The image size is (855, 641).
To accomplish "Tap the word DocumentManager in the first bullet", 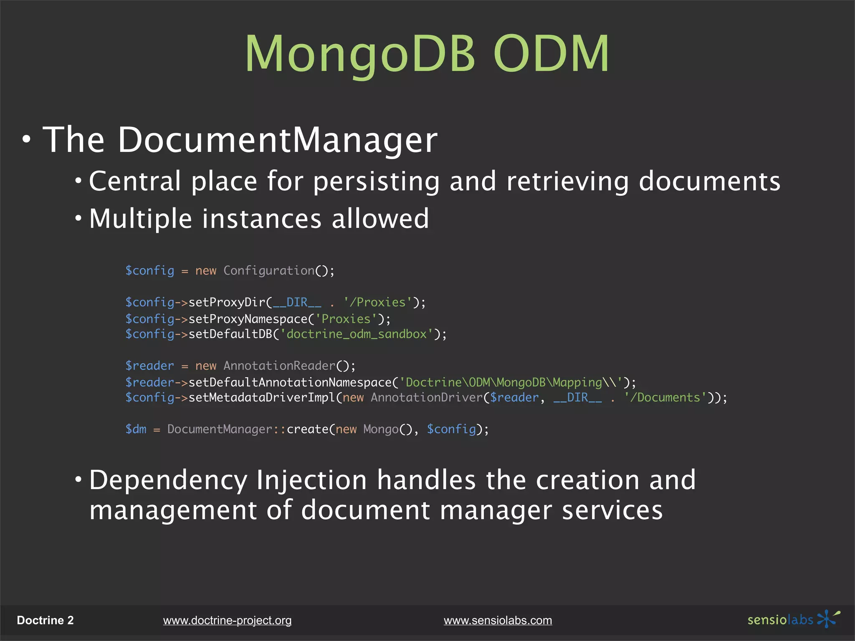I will pos(278,140).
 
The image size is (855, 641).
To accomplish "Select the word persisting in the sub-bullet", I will pos(376,182).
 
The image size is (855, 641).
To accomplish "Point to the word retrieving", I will pos(567,182).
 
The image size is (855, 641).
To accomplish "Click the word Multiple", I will pos(140,219).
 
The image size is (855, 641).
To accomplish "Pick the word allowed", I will pos(380,219).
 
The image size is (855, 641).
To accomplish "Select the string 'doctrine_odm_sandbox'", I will pos(357,334).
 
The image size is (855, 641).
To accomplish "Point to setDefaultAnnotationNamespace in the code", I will pos(290,382).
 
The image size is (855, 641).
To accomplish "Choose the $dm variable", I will pos(136,429).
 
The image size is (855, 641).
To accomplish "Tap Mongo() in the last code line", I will pos(387,429).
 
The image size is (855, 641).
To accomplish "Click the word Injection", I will pos(311,480).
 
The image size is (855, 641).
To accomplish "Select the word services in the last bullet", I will pos(612,510).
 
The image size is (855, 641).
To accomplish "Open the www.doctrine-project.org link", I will pos(227,621).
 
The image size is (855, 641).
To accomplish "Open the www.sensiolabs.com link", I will pos(498,621).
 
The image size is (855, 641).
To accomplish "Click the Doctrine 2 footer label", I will pos(45,621).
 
